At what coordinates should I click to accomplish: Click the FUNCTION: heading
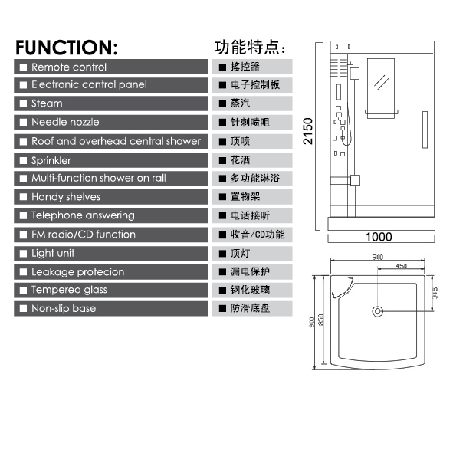pos(67,48)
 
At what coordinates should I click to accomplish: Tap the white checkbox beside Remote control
pos(23,67)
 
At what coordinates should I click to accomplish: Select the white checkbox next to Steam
pos(23,103)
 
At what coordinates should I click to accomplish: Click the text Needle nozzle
pos(65,122)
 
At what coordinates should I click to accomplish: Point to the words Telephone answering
pos(83,215)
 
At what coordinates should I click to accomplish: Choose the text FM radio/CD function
pos(84,235)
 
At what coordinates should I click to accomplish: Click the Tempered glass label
pos(69,290)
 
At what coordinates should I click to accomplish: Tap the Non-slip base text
pos(64,308)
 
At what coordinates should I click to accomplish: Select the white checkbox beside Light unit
pos(23,254)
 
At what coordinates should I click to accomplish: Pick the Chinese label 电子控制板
pos(254,85)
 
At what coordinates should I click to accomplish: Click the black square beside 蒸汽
pos(222,103)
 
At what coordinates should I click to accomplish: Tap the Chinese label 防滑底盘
pos(250,308)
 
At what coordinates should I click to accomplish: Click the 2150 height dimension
pos(308,131)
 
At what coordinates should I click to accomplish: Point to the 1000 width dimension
pos(379,237)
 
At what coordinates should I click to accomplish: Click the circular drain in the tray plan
pos(378,311)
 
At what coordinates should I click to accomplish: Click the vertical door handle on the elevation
pos(425,130)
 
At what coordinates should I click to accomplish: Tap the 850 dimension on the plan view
pos(321,320)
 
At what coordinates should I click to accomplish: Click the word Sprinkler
pos(51,161)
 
